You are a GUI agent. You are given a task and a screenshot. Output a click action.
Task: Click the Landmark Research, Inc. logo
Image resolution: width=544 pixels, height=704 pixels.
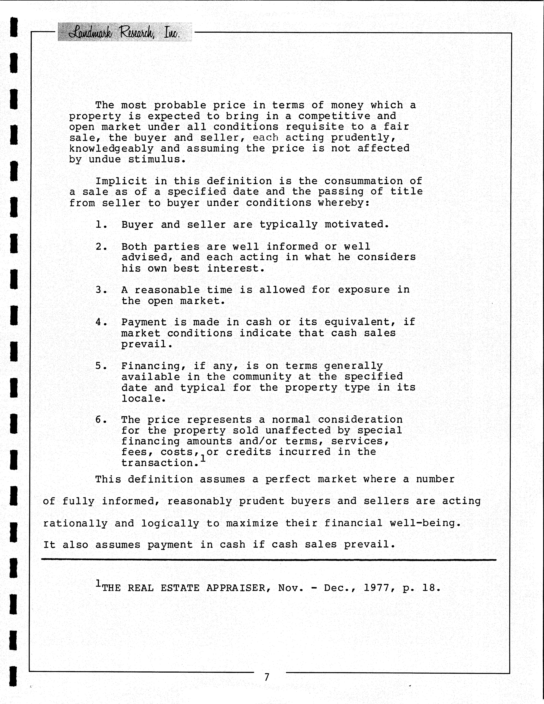coord(125,32)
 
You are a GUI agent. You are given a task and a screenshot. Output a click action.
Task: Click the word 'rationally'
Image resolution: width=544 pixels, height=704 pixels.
coord(76,523)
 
